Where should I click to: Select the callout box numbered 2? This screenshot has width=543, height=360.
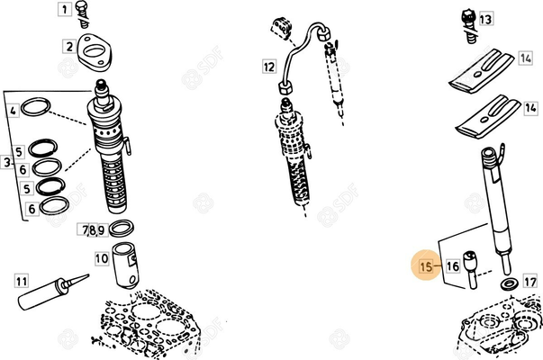[x=68, y=46]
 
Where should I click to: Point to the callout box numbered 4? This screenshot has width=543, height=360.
[x=14, y=112]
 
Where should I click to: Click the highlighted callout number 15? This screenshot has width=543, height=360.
[x=427, y=265]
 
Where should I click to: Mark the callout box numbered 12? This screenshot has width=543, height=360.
[x=269, y=67]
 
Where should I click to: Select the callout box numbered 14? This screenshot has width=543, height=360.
[x=526, y=58]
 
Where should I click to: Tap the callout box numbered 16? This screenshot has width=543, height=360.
[x=452, y=265]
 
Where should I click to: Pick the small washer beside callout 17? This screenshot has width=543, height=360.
[x=509, y=284]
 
